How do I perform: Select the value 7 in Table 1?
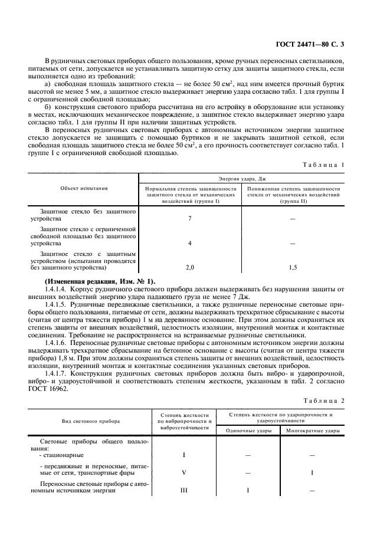pos(190,219)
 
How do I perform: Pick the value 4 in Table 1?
pos(190,243)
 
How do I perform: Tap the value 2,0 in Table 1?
pos(190,267)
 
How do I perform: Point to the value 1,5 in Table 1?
pos(293,267)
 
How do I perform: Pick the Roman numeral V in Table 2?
pos(185,472)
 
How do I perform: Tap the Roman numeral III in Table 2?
pos(185,490)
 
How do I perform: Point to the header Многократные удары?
pos(313,431)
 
